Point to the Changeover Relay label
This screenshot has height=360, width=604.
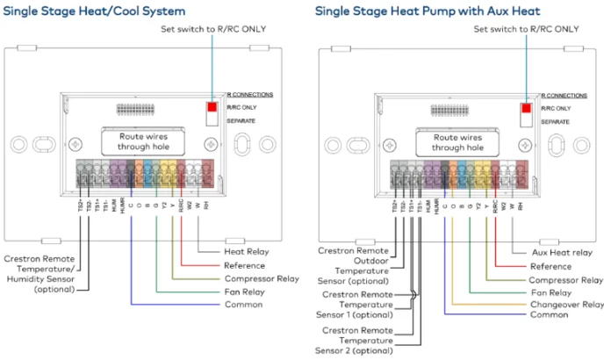[567, 304]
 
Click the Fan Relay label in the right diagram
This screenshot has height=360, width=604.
[551, 292]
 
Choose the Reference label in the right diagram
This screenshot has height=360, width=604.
[550, 266]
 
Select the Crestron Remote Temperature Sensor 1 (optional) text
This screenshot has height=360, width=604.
[354, 305]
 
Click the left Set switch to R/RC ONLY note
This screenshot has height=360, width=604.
[213, 29]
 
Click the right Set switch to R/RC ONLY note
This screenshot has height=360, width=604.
[527, 29]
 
